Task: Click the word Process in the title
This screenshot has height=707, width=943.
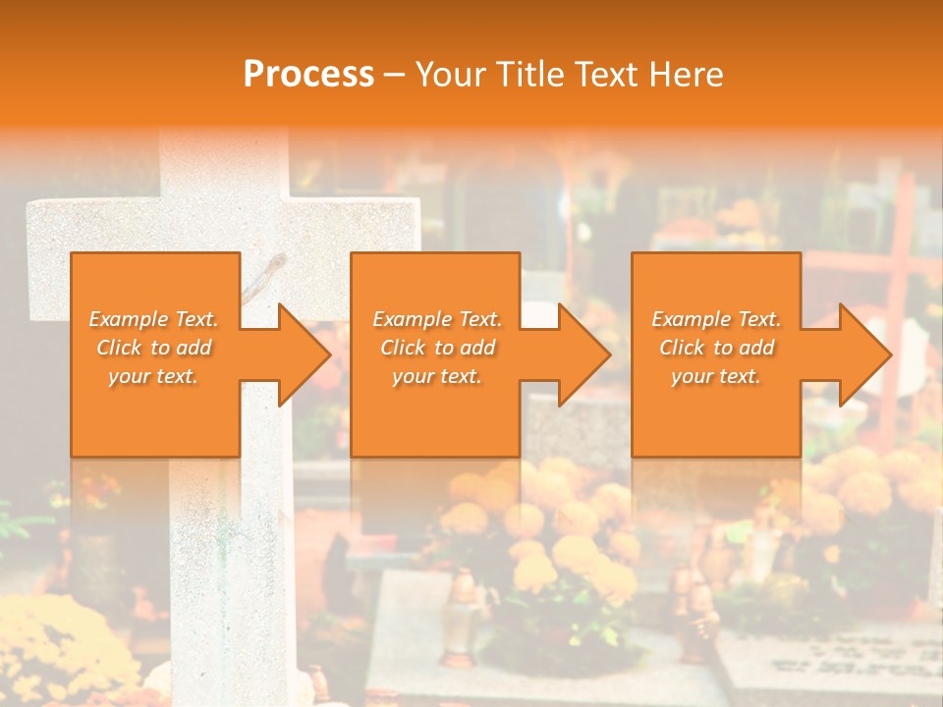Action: tap(308, 74)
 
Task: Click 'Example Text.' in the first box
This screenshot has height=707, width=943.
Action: tap(154, 319)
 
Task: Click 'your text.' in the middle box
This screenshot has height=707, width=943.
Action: tap(436, 376)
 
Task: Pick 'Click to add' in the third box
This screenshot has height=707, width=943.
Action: tap(716, 348)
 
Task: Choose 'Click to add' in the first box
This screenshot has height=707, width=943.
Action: tap(154, 348)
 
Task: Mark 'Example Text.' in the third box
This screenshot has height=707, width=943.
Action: tap(716, 319)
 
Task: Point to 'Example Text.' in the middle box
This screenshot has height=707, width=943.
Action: tap(437, 319)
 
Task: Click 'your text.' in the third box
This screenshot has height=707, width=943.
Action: tap(716, 376)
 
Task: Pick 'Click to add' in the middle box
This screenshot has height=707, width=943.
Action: tap(437, 348)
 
